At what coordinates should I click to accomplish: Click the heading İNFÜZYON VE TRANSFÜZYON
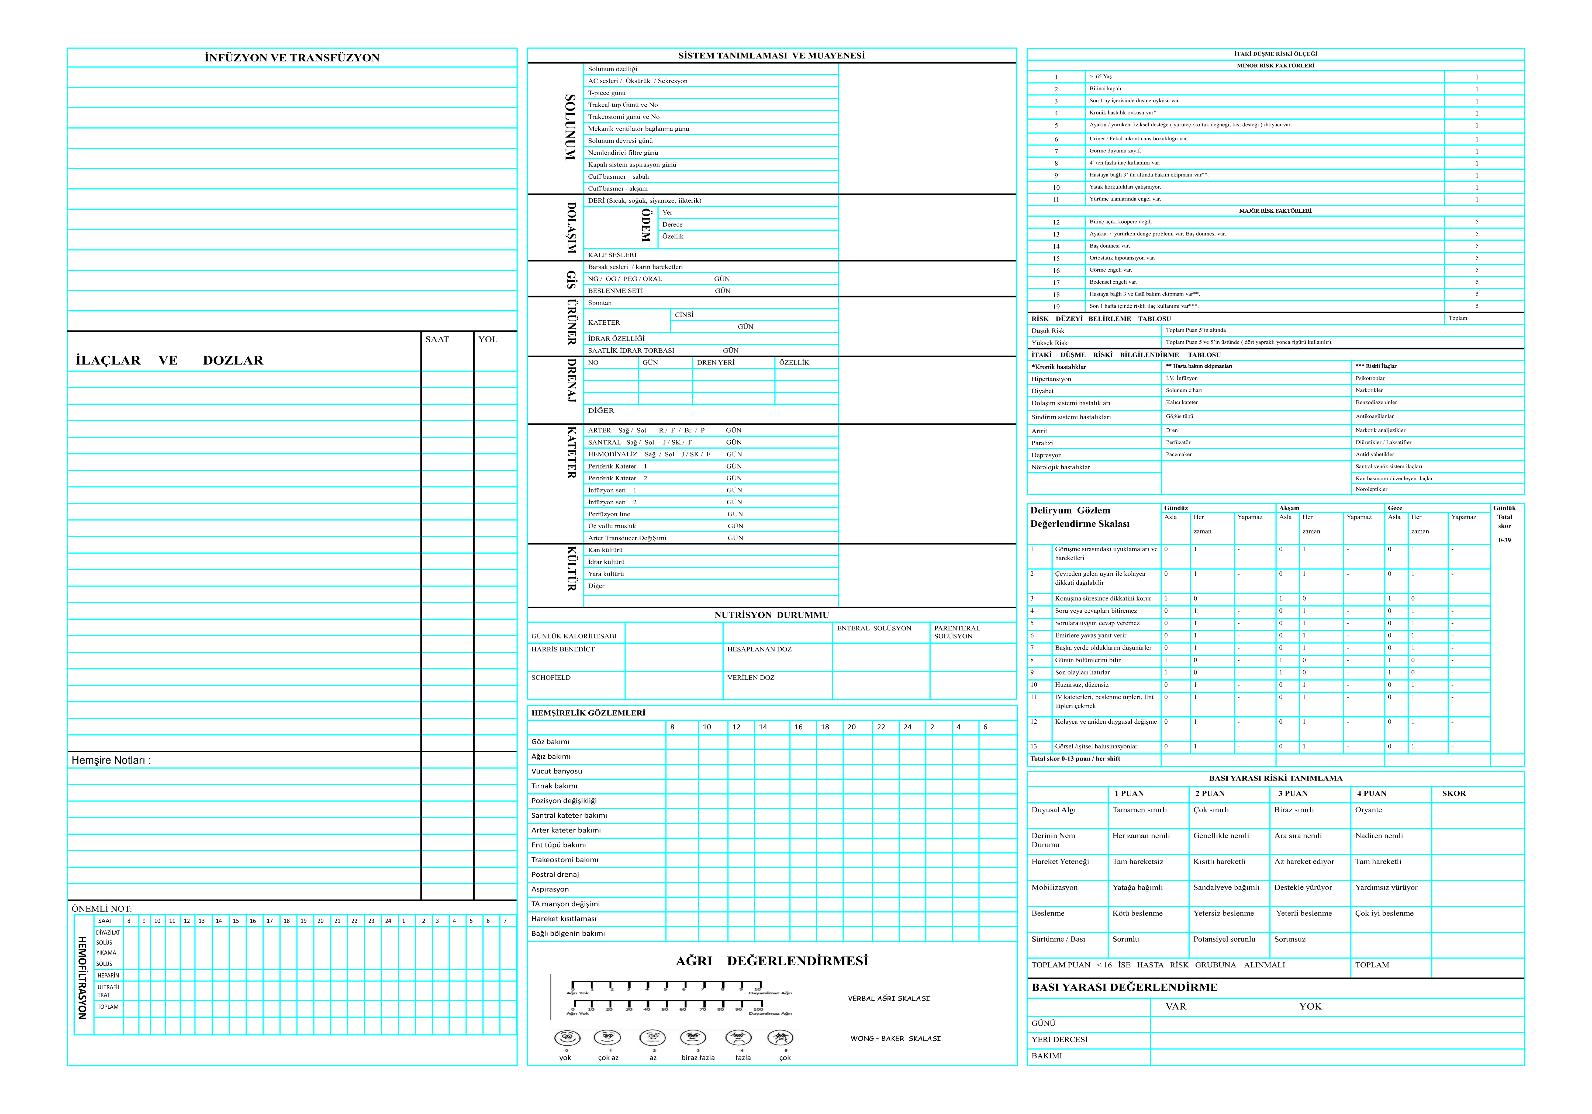click(x=292, y=58)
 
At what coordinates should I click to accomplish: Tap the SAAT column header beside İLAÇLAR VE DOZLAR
click(x=437, y=339)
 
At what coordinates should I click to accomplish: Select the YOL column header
click(x=488, y=339)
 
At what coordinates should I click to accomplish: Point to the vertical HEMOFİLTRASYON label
click(x=82, y=977)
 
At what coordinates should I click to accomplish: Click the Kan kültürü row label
click(x=605, y=550)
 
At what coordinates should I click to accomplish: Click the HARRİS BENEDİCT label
click(x=563, y=650)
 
